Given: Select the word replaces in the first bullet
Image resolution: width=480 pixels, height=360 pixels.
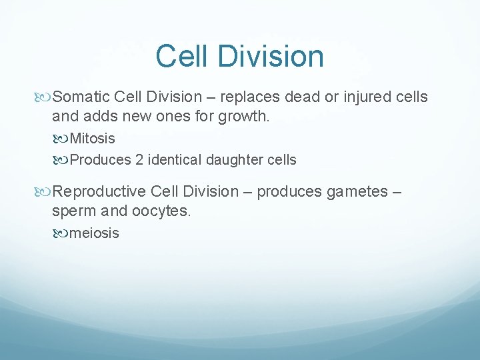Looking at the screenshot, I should point(249,97).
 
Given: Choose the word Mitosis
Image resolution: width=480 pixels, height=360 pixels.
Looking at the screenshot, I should point(92,139).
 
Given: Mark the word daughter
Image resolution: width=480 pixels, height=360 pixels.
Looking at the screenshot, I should point(233,160).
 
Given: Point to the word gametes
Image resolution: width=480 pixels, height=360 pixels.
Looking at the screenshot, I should point(356,192).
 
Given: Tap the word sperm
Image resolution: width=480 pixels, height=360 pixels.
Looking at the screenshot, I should point(72,212).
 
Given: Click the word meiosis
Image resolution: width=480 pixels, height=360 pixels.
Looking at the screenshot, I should point(95,233).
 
